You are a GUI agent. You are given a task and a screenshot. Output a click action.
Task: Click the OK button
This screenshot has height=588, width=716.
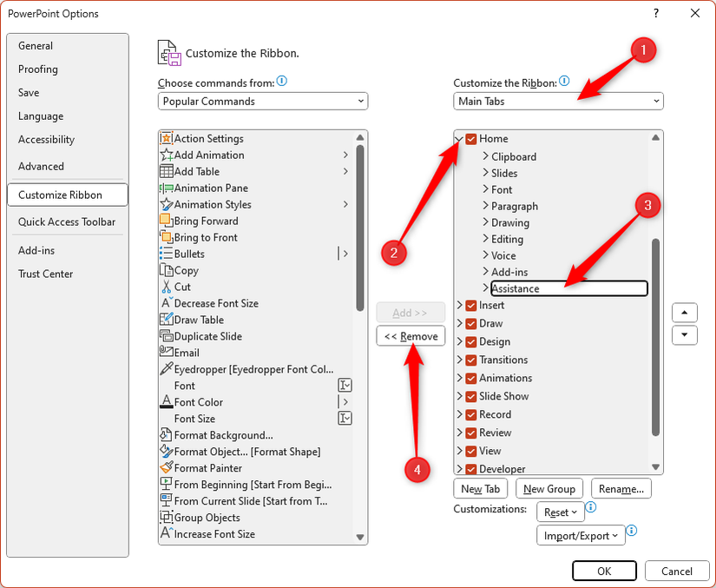pos(604,571)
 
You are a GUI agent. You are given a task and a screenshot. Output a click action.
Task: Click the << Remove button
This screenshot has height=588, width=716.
pos(411,336)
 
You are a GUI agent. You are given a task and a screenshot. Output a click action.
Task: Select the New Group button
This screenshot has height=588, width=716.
pos(548,489)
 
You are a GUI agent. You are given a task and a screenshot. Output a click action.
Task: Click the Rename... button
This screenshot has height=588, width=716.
pos(621,489)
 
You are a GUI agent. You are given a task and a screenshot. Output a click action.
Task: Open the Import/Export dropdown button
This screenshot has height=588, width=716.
pos(581,536)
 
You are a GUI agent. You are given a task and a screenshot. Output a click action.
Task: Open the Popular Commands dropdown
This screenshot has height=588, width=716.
pos(263,101)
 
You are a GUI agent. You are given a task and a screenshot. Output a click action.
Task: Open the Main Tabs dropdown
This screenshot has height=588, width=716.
pos(558,101)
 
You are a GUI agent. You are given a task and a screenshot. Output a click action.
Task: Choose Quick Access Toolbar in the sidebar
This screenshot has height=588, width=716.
pos(67,222)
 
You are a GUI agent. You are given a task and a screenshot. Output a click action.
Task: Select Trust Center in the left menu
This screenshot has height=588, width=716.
pos(46,274)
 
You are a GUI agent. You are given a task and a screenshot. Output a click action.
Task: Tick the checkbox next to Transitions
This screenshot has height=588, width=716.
pos(470,360)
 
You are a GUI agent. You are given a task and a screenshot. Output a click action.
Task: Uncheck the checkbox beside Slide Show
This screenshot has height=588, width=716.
pos(470,397)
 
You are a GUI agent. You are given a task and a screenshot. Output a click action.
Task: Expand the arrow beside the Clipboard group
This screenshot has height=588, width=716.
pos(485,156)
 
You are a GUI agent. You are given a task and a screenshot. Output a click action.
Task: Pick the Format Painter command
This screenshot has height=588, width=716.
pos(208,468)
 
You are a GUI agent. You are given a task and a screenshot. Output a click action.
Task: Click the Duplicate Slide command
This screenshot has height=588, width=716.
pos(208,336)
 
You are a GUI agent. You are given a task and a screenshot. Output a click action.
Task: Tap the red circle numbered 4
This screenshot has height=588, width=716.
pos(417,469)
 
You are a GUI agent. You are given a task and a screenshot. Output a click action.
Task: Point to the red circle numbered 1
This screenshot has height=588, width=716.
pos(643,50)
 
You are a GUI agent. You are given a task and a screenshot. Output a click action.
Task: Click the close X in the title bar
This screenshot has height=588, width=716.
pos(695,13)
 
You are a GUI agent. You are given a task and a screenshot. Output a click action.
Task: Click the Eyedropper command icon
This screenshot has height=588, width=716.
pos(167,369)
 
